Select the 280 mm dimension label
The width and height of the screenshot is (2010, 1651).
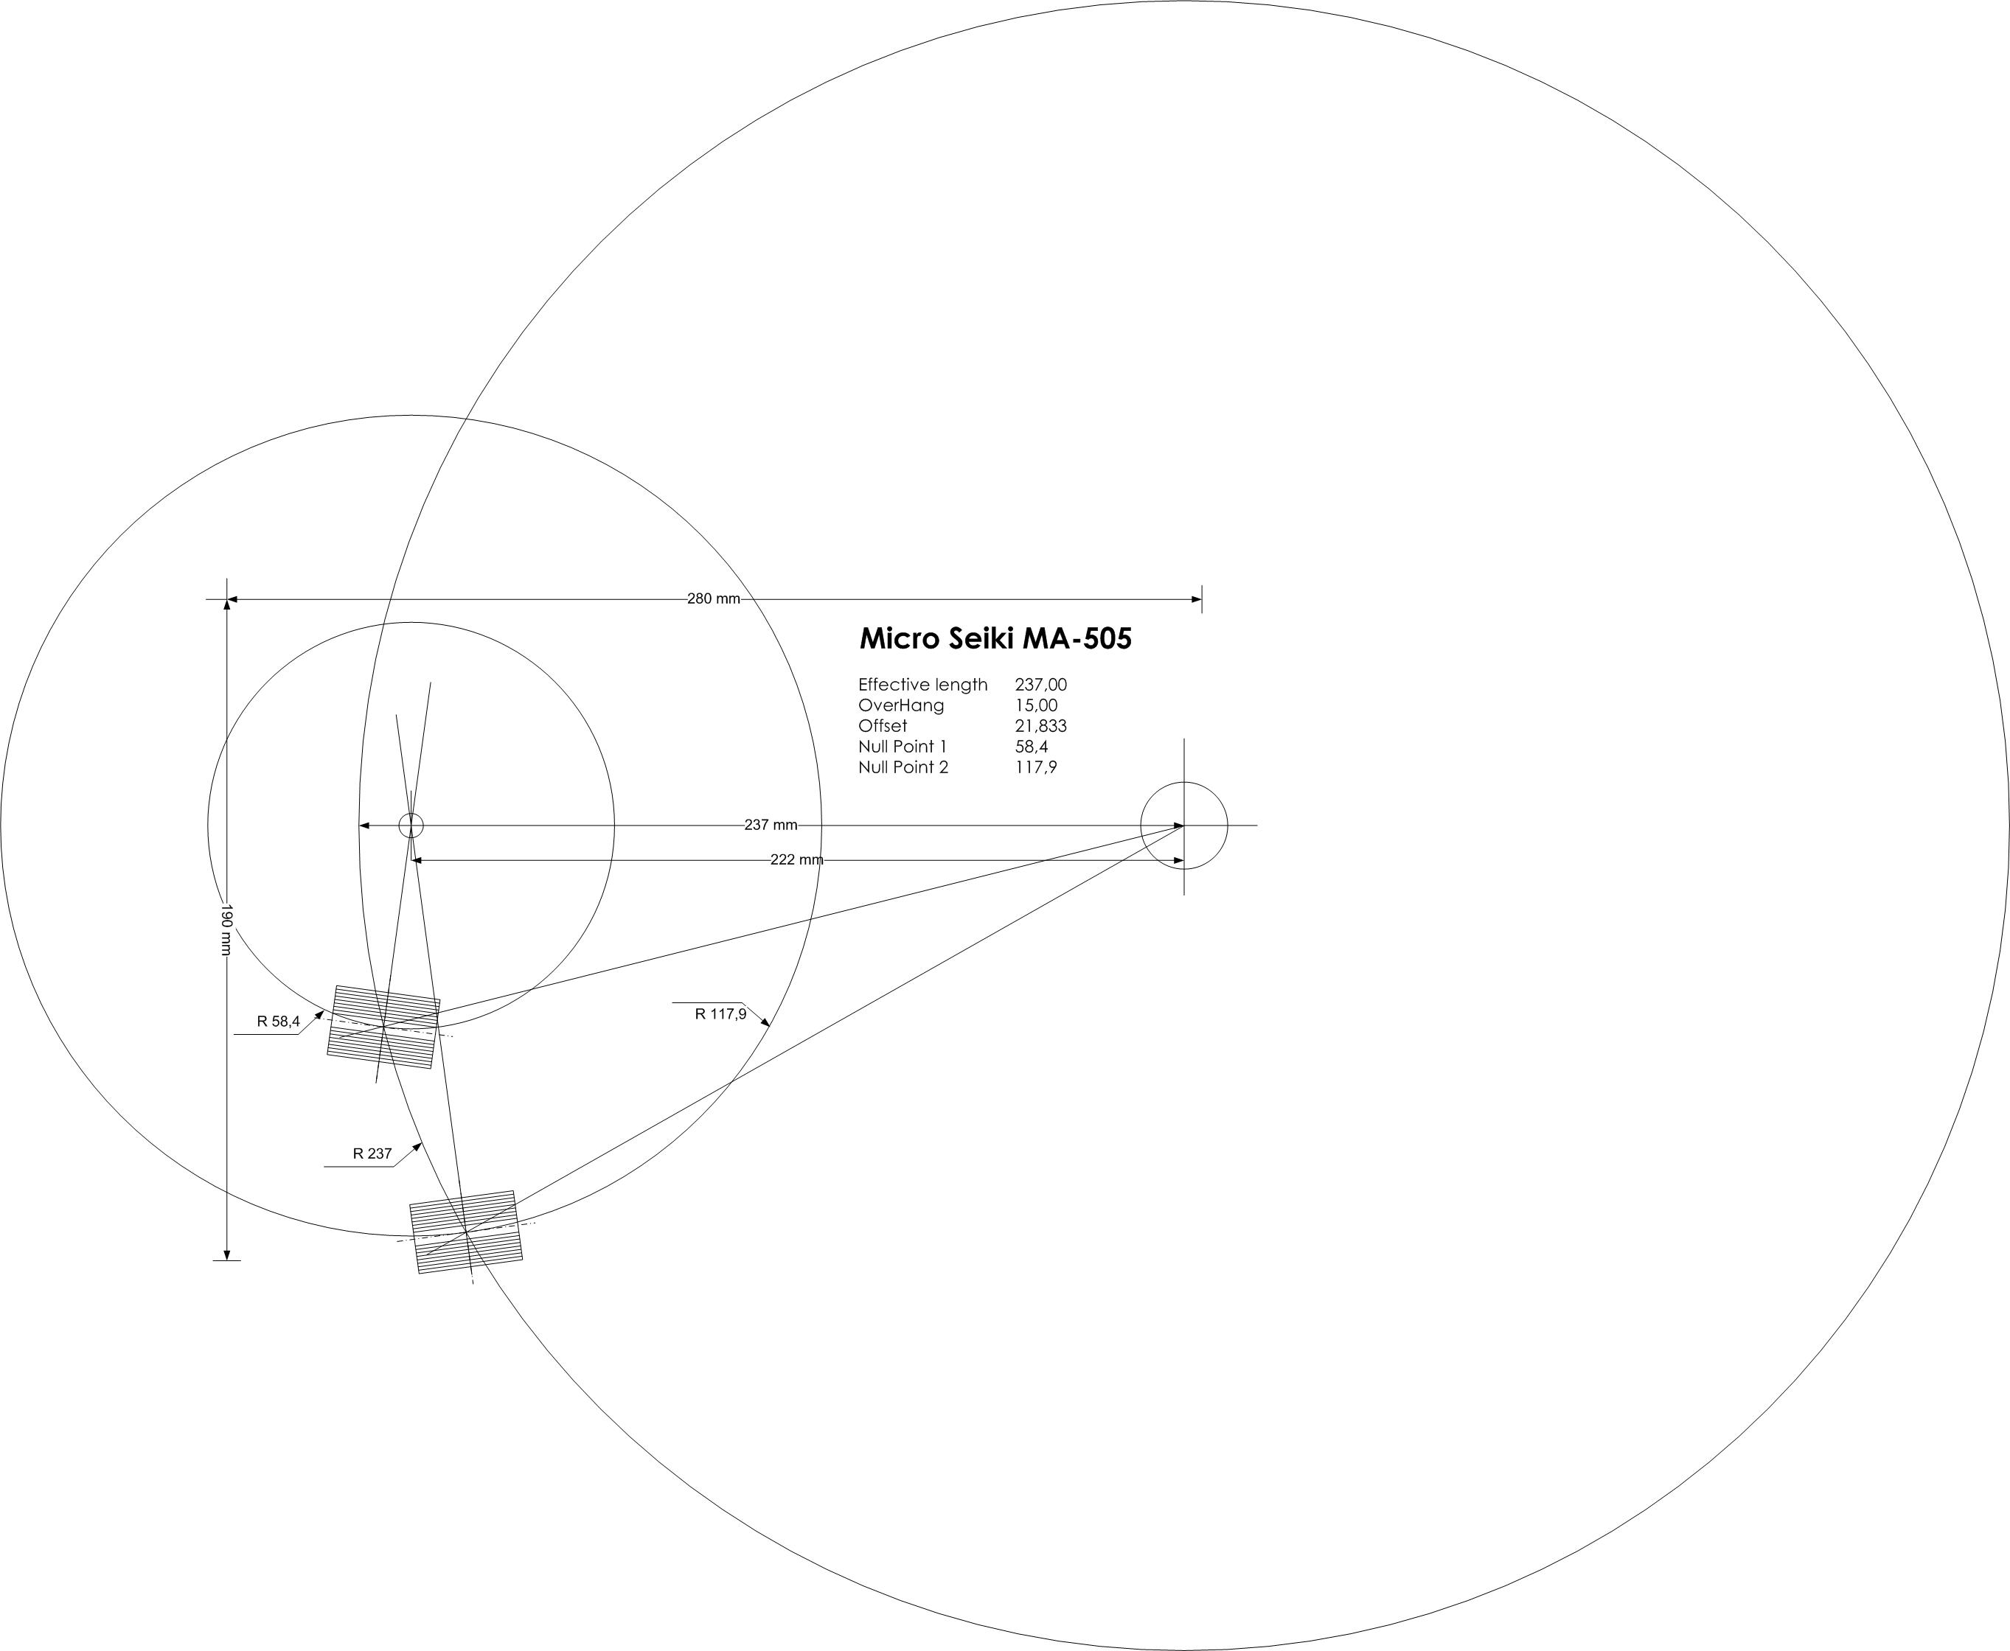coord(714,599)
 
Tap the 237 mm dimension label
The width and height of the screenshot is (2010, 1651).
coord(771,825)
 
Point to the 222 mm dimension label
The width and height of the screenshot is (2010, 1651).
coord(797,859)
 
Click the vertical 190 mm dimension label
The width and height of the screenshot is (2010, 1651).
coord(226,930)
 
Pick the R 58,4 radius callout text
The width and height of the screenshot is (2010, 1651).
coord(278,1022)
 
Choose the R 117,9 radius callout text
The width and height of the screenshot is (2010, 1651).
coord(720,1013)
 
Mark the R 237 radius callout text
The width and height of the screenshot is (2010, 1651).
coord(372,1153)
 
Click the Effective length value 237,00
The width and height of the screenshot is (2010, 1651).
coord(1040,685)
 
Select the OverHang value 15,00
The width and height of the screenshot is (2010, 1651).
coord(1036,705)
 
